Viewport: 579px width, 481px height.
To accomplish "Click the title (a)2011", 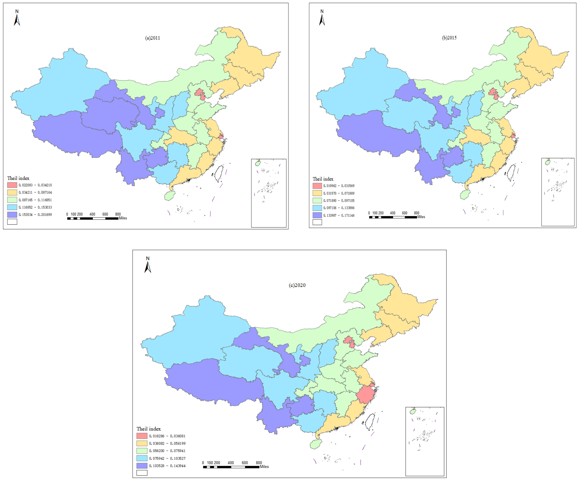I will pyautogui.click(x=152, y=38).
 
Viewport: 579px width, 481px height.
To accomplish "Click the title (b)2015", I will pyautogui.click(x=449, y=38).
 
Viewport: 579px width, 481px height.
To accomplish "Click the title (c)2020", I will pyautogui.click(x=297, y=285).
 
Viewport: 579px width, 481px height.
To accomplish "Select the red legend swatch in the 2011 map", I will pyautogui.click(x=12, y=185).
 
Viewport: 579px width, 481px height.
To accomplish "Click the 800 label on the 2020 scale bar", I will pyautogui.click(x=259, y=463).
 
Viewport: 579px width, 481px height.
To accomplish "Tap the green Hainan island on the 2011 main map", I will pyautogui.click(x=170, y=196).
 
